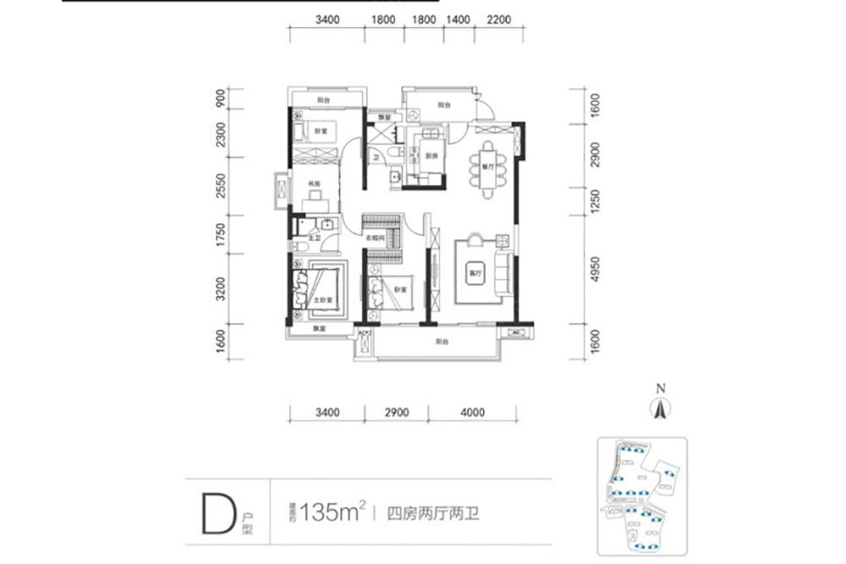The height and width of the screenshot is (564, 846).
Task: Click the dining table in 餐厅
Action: coord(488,168)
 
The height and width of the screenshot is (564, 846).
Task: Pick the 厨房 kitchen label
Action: coord(431,156)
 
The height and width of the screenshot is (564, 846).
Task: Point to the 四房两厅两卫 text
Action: coord(432,513)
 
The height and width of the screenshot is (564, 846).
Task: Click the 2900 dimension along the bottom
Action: coord(396,413)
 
